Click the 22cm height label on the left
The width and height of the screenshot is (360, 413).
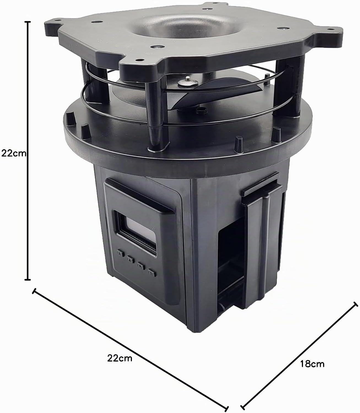(x=14, y=154)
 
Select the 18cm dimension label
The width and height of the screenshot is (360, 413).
(x=312, y=364)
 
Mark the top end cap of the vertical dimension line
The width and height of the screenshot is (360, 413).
(x=28, y=21)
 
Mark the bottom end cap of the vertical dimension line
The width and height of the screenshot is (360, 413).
(x=28, y=280)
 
